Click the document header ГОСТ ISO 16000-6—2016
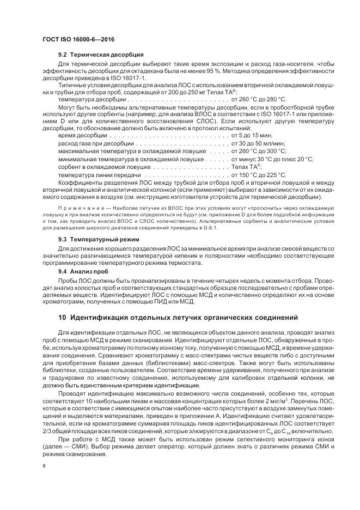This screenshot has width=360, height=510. click(x=78, y=39)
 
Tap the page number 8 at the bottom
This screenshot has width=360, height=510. click(x=44, y=466)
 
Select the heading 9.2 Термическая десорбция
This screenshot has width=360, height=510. click(x=101, y=55)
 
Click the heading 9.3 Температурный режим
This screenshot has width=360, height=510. click(x=99, y=239)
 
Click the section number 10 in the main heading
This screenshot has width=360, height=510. click(x=63, y=317)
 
